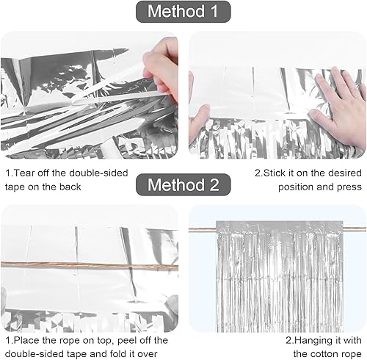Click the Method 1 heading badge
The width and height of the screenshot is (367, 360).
(x=183, y=12)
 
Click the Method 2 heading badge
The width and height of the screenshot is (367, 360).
(x=183, y=184)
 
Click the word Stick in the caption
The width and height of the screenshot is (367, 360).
(x=275, y=173)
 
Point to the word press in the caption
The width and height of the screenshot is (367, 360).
(x=349, y=187)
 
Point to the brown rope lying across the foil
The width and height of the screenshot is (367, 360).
(x=90, y=265)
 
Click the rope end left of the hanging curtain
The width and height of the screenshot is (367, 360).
(x=203, y=229)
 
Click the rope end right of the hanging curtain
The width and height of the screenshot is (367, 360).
(x=355, y=228)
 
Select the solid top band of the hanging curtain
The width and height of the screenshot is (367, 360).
(x=280, y=226)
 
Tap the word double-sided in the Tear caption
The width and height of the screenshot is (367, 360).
(x=98, y=173)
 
